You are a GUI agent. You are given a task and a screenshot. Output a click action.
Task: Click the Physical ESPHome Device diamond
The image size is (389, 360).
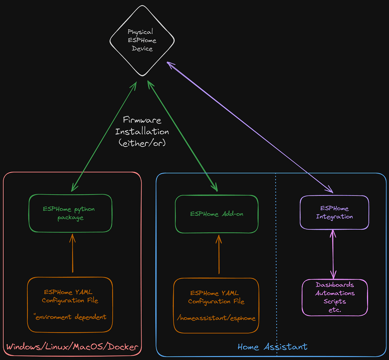(x=142, y=40)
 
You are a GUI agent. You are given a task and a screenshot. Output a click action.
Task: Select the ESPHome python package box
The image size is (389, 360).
(x=70, y=213)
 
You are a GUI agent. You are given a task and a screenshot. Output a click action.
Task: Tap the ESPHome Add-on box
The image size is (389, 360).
(x=216, y=214)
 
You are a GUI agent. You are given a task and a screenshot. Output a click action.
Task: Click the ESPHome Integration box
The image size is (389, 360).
(x=334, y=212)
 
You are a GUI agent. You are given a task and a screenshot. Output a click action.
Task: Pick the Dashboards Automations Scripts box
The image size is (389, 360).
(x=335, y=297)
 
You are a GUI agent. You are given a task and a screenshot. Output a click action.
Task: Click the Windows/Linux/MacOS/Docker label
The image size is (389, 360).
(x=72, y=347)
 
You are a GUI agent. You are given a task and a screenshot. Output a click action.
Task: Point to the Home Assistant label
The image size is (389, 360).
(x=272, y=347)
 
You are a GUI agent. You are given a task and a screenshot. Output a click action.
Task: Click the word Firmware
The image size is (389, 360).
(x=142, y=120)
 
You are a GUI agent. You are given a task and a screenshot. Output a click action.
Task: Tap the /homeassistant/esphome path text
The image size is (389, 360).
(x=216, y=318)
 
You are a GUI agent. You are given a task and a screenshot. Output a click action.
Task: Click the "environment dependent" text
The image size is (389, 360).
(x=70, y=317)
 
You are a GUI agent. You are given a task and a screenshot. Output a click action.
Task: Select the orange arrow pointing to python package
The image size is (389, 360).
(x=72, y=254)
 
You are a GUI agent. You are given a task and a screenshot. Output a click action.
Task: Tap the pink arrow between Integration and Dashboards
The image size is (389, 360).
(x=333, y=254)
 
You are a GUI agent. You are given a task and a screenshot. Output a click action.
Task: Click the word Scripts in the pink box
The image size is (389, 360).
(x=335, y=301)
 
